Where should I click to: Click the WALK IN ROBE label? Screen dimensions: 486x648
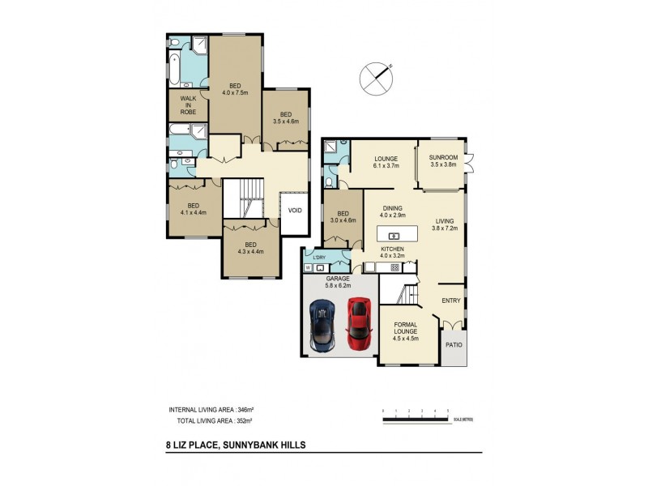188,104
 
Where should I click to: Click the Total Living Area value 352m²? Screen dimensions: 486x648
240,421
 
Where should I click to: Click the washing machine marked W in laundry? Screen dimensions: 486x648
309,266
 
